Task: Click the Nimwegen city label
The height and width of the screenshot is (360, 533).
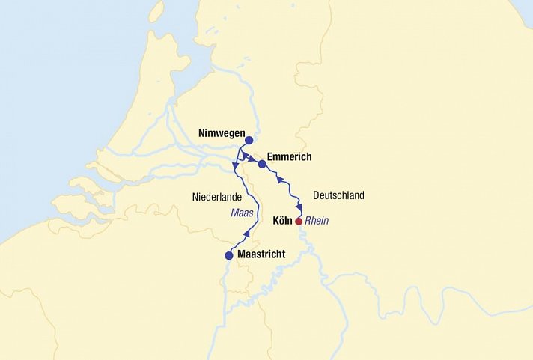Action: click(x=222, y=134)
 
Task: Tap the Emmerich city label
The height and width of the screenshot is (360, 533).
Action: click(x=289, y=157)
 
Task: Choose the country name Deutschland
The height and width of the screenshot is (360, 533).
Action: click(x=338, y=196)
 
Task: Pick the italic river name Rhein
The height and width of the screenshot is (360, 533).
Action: click(x=317, y=222)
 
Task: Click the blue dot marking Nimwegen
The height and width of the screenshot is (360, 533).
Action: click(x=249, y=139)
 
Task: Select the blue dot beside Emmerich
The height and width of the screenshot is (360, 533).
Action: click(x=262, y=164)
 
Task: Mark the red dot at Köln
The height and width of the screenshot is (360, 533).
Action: click(x=299, y=222)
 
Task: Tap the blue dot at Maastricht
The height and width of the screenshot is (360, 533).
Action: click(x=229, y=256)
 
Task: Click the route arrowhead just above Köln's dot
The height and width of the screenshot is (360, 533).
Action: click(x=299, y=207)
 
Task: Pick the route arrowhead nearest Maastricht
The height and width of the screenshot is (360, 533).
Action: click(x=247, y=234)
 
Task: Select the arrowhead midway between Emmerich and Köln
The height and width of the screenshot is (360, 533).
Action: click(x=280, y=180)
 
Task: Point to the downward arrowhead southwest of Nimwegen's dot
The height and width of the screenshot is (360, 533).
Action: click(x=235, y=165)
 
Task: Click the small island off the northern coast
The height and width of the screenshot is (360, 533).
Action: click(x=156, y=10)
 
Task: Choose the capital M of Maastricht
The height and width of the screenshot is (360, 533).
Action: click(x=241, y=255)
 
